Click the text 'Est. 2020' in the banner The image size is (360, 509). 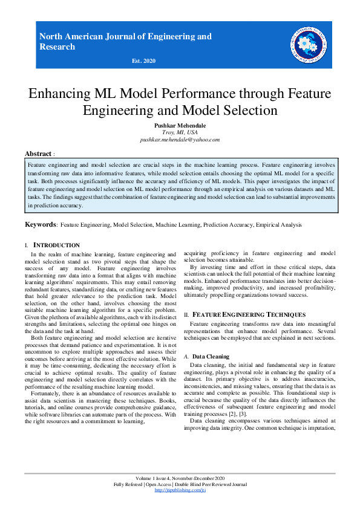pyautogui.click(x=143, y=61)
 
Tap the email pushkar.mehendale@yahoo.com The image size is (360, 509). pyautogui.click(x=180, y=139)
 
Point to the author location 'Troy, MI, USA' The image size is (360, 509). pyautogui.click(x=180, y=132)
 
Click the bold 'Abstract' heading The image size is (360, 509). pyautogui.click(x=38, y=154)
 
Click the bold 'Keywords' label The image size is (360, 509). pyautogui.click(x=40, y=225)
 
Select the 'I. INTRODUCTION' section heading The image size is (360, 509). pyautogui.click(x=53, y=245)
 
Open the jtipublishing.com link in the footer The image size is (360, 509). pyautogui.click(x=180, y=490)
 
